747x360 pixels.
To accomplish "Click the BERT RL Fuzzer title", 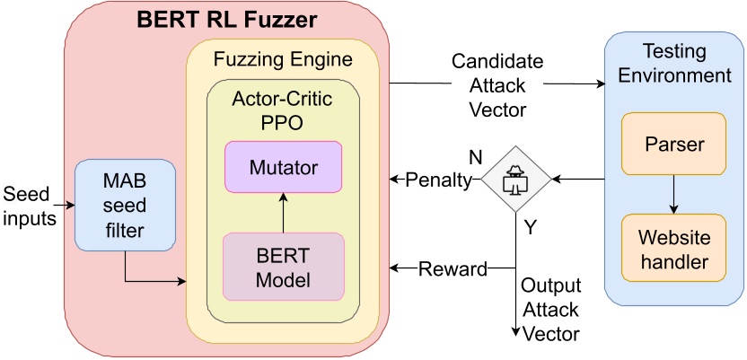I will (226, 21).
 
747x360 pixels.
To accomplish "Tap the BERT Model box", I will (284, 266).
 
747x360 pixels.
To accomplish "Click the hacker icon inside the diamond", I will (516, 180).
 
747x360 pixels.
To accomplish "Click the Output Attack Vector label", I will (550, 309).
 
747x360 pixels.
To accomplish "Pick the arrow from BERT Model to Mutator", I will (284, 213).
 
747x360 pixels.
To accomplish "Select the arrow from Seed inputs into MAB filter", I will (66, 205).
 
